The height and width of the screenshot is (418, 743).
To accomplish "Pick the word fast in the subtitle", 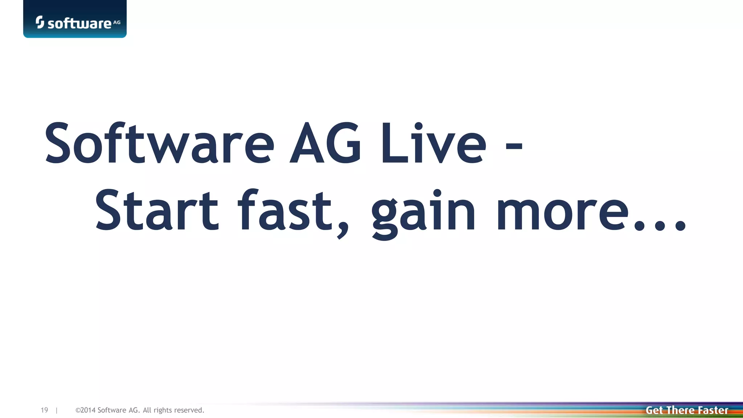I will tap(285, 210).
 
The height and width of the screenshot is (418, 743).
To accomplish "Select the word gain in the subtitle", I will tap(423, 212).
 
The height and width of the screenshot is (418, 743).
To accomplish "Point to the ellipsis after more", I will tap(660, 225).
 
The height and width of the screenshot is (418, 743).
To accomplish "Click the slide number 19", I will tap(44, 410).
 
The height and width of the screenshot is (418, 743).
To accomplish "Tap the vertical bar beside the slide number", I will tap(57, 410).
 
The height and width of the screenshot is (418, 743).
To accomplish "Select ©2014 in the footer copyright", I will tap(85, 410).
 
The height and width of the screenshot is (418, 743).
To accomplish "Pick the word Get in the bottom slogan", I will tap(654, 410).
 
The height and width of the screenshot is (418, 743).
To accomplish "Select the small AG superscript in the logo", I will tap(117, 22).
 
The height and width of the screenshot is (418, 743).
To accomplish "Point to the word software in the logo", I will tap(79, 24).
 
